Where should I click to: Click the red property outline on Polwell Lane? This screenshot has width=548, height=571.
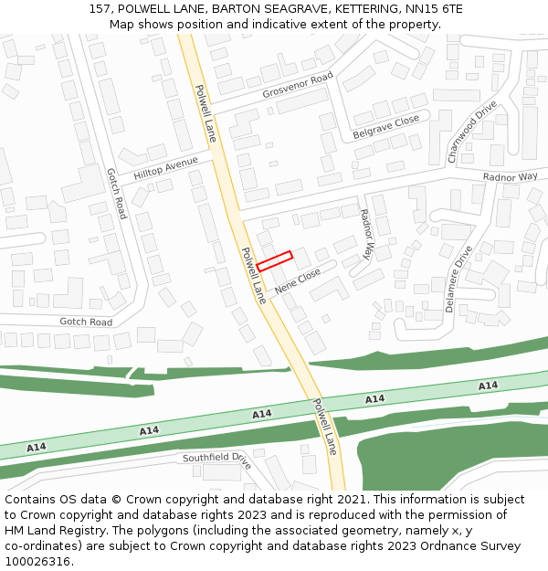274,260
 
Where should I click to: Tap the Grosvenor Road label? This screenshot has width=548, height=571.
298,87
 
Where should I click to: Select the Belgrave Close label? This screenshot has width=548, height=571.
385,127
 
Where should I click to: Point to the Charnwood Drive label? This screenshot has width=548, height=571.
472,132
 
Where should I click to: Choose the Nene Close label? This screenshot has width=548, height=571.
297,280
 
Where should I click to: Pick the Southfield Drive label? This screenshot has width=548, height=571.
216,459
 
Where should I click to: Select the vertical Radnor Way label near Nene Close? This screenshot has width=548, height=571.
366,233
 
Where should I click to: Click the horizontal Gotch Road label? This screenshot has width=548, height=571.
86,323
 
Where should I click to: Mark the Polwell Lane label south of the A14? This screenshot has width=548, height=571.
324,427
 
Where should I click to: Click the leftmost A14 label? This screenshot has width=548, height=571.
36,448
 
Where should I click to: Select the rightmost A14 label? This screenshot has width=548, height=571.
488,386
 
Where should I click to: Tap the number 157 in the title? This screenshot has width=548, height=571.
100,9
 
